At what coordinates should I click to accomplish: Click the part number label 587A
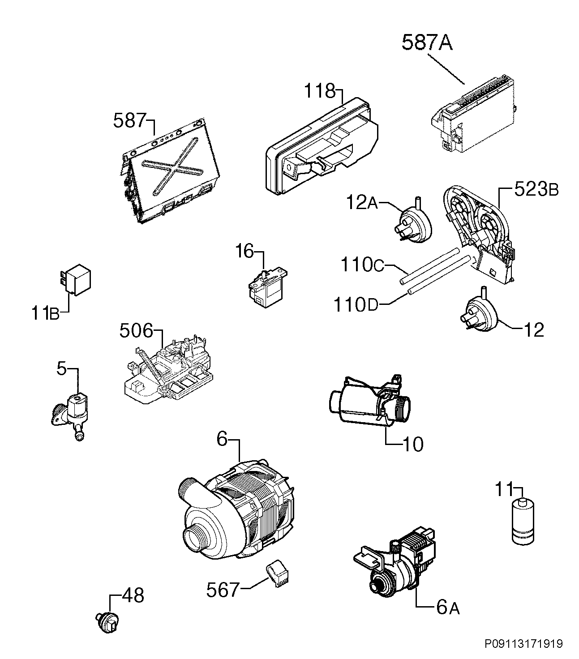pyautogui.click(x=427, y=43)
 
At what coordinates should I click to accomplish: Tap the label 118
pyautogui.click(x=320, y=91)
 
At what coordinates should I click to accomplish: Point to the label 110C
pyautogui.click(x=362, y=265)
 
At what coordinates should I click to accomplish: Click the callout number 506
pyautogui.click(x=136, y=330)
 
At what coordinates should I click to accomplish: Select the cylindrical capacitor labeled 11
pyautogui.click(x=523, y=526)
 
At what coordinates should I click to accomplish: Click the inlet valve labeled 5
pyautogui.click(x=73, y=416)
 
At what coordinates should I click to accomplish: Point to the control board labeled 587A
pyautogui.click(x=474, y=114)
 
